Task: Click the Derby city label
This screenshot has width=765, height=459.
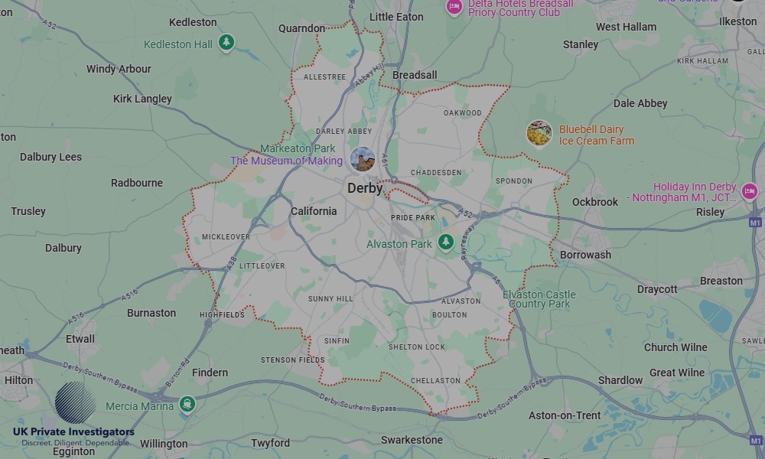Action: [365, 188]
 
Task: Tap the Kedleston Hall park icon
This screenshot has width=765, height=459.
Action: [226, 43]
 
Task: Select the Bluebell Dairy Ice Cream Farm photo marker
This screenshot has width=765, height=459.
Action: [539, 134]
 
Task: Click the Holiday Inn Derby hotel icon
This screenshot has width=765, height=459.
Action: [749, 192]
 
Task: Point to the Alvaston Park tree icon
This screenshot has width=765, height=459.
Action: [446, 243]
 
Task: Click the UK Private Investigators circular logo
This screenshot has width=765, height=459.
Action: [76, 403]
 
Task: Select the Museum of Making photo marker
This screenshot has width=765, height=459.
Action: [363, 160]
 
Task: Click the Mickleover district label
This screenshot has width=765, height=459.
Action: [226, 237]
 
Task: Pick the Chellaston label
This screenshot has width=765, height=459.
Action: [435, 380]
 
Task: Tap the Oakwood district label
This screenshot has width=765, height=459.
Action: [463, 113]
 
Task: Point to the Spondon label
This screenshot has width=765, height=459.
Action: [514, 181]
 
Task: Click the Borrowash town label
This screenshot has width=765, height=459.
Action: [585, 255]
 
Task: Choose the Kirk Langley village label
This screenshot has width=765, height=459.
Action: [142, 99]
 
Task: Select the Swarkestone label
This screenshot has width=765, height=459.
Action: [412, 440]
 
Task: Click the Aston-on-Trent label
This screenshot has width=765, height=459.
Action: [565, 415]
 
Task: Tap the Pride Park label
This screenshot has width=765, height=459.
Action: [413, 218]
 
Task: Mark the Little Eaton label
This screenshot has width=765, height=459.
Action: [396, 16]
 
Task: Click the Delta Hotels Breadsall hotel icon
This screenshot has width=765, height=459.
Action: [454, 7]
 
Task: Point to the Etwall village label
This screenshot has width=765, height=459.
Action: [80, 339]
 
